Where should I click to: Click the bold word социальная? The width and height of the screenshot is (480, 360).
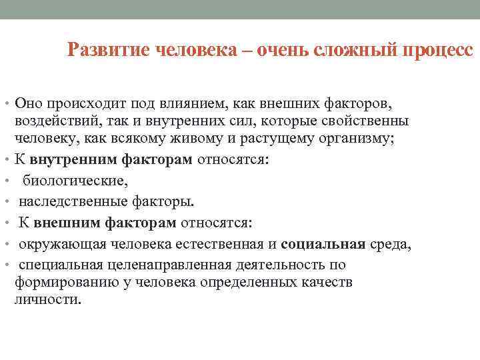(x=323, y=244)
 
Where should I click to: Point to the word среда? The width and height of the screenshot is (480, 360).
(x=389, y=244)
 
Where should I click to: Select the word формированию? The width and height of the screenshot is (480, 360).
(x=60, y=282)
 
